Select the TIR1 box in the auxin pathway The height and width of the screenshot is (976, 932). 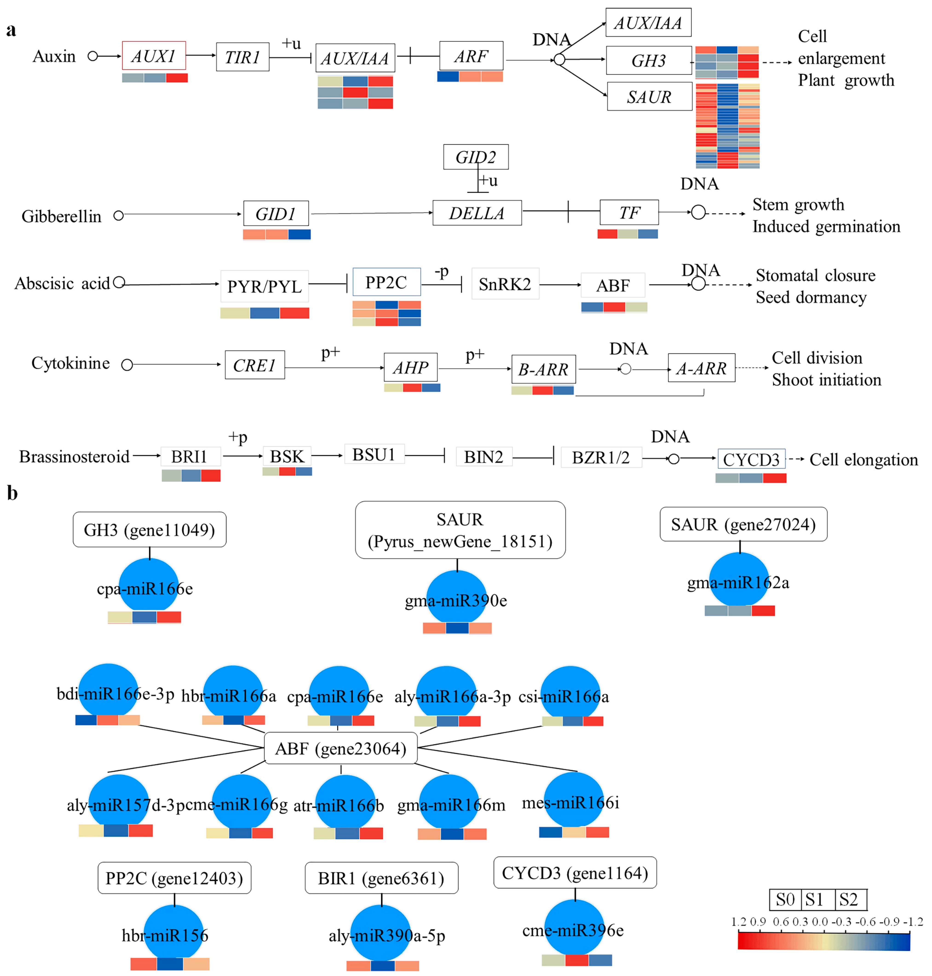coord(242,57)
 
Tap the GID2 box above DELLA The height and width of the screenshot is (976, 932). coord(475,157)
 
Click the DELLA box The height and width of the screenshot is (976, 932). coord(477,213)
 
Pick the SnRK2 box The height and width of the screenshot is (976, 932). coord(505,284)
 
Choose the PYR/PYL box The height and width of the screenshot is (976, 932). coord(264,286)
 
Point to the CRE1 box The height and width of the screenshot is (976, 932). coord(254,365)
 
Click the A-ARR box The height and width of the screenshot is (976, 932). coord(701,368)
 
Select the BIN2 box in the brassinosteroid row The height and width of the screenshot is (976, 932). coord(483,456)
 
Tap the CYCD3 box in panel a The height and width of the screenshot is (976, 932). coord(751,459)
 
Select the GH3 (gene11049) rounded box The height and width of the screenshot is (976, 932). coord(150,529)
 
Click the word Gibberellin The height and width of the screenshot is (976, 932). coord(61,216)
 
